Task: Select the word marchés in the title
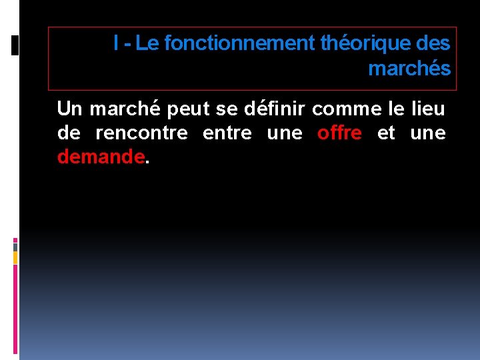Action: point(409,69)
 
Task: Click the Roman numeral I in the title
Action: point(117,44)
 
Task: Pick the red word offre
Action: point(339,133)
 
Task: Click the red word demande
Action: point(101,157)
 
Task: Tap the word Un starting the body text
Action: point(69,108)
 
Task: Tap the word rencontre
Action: point(141,133)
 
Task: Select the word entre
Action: point(226,133)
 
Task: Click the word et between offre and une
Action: point(386,133)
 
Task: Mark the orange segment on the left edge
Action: point(15,257)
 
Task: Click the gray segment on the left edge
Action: point(15,246)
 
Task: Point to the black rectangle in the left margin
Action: point(15,45)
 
